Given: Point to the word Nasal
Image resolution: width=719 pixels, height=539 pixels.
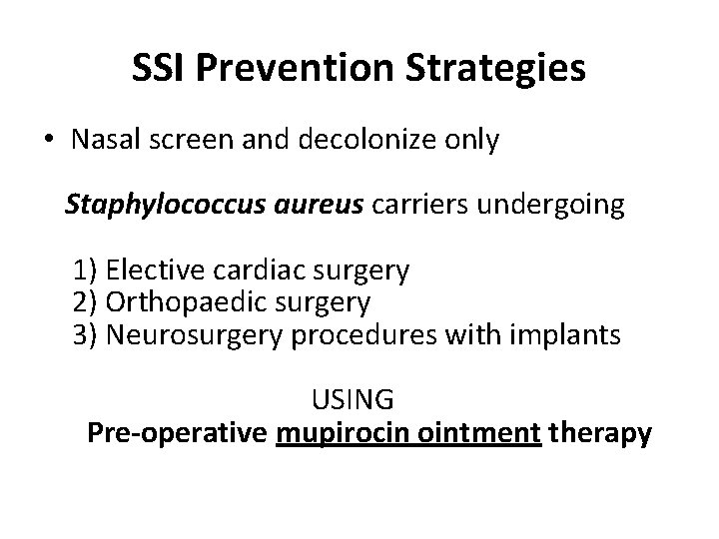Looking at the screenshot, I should click(x=105, y=141).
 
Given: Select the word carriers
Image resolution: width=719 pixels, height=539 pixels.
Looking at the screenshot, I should click(x=422, y=207).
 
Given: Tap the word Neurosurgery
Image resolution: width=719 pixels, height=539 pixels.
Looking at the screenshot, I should click(x=195, y=334).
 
